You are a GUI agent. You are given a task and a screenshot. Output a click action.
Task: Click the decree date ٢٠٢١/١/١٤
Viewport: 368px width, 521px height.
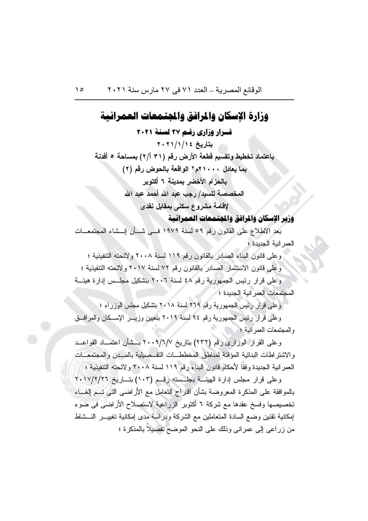[x=174, y=144]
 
